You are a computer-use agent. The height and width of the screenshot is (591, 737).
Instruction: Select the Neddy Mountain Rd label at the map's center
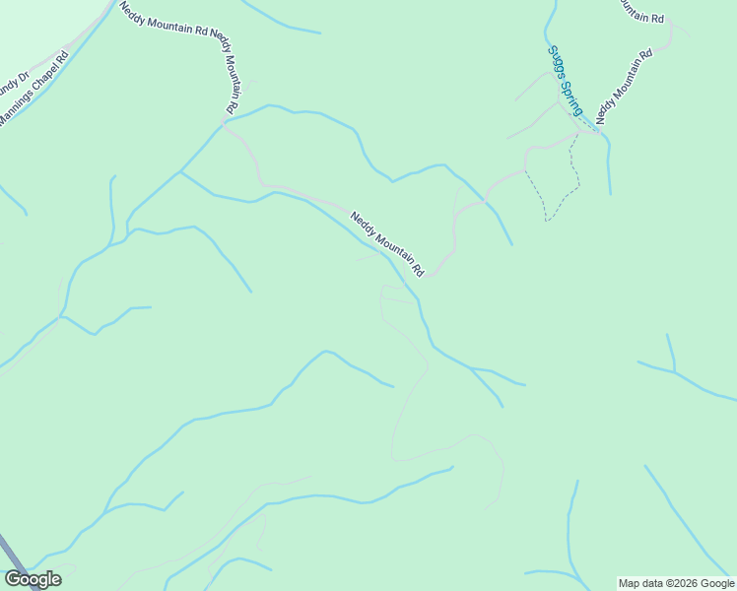(387, 242)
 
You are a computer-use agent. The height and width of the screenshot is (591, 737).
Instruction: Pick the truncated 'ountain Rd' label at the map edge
(639, 10)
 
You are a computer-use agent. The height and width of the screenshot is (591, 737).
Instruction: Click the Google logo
(33, 579)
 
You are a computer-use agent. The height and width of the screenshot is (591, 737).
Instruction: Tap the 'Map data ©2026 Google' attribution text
(677, 583)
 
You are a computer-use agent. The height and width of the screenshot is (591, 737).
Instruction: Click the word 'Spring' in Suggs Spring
(571, 96)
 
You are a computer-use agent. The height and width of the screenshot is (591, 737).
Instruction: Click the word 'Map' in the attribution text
(629, 583)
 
